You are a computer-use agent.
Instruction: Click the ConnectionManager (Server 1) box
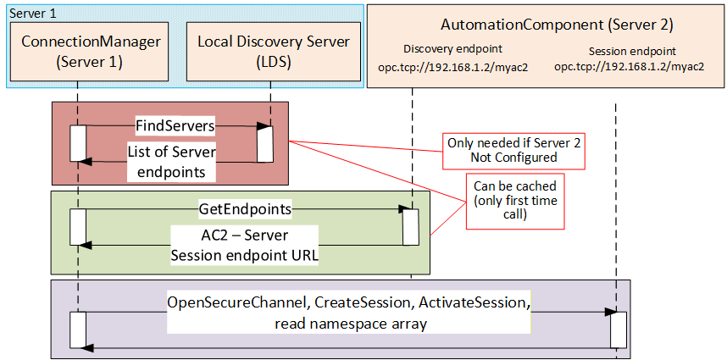coord(91,52)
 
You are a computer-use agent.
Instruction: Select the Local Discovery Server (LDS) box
coord(274,52)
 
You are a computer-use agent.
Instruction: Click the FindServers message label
coord(175,126)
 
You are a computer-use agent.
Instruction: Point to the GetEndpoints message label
coord(245,209)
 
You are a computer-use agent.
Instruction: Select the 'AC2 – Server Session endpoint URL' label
coord(245,245)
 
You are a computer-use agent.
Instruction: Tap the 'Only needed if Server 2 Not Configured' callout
coord(513,150)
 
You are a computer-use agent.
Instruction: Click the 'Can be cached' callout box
coord(515,201)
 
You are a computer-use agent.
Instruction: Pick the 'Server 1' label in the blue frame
coord(33,13)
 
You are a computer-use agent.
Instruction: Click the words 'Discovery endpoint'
coord(452,48)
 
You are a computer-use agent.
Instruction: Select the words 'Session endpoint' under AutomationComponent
coord(632,51)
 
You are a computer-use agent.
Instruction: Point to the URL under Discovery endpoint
coord(453,66)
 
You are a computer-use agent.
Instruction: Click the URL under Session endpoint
coord(630,66)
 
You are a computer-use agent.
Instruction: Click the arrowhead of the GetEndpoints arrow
coord(407,209)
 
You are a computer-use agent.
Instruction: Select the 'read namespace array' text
coord(350,324)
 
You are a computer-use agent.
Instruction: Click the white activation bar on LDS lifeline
coord(265,144)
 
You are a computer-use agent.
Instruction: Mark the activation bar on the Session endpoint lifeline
coord(618,330)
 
